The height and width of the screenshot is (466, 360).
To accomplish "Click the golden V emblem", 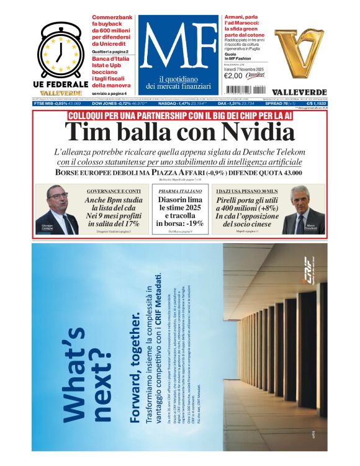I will click(x=300, y=45).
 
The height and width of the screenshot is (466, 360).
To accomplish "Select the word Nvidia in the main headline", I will click(x=252, y=133).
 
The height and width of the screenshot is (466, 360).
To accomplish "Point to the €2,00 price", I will click(x=233, y=76).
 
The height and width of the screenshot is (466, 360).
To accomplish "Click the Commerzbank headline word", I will click(x=114, y=18).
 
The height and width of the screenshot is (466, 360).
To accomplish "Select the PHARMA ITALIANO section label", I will click(x=179, y=191).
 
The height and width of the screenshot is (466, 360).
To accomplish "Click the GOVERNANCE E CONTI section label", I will click(x=114, y=191).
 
